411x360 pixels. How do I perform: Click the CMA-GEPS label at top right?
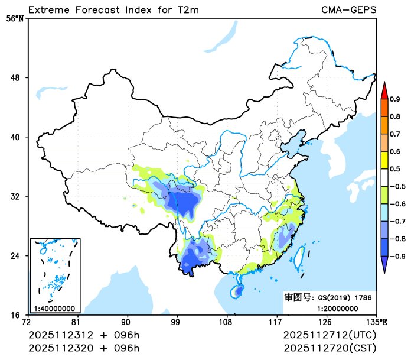point(349,10)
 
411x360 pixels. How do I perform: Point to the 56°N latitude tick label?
point(15,18)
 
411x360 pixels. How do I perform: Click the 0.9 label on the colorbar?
point(394,99)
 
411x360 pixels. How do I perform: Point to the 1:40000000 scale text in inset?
point(54,308)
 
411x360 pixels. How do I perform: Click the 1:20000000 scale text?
point(337,308)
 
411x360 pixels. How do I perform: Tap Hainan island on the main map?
point(238,290)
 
